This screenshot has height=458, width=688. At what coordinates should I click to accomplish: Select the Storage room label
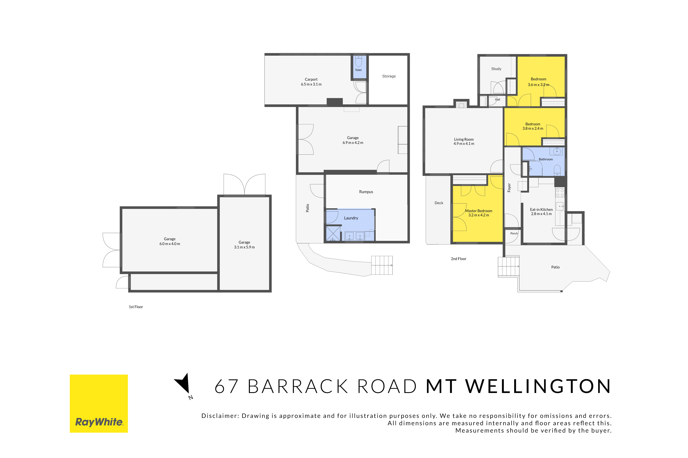389,76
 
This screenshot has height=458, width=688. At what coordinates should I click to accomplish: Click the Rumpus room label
366,192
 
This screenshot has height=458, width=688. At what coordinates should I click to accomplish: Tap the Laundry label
351,218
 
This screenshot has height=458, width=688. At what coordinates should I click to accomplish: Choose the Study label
496,69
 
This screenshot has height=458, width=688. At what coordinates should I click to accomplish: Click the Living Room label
464,139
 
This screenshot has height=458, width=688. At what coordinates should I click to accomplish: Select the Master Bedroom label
479,211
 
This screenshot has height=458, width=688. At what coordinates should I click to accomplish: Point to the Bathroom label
546,160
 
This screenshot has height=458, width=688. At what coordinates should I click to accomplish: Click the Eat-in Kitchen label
541,209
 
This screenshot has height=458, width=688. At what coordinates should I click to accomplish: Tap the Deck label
439,203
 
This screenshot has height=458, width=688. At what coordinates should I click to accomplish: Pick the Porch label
514,233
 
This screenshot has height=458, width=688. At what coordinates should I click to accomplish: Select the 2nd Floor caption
459,259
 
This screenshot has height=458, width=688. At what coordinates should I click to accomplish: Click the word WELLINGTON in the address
538,386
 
